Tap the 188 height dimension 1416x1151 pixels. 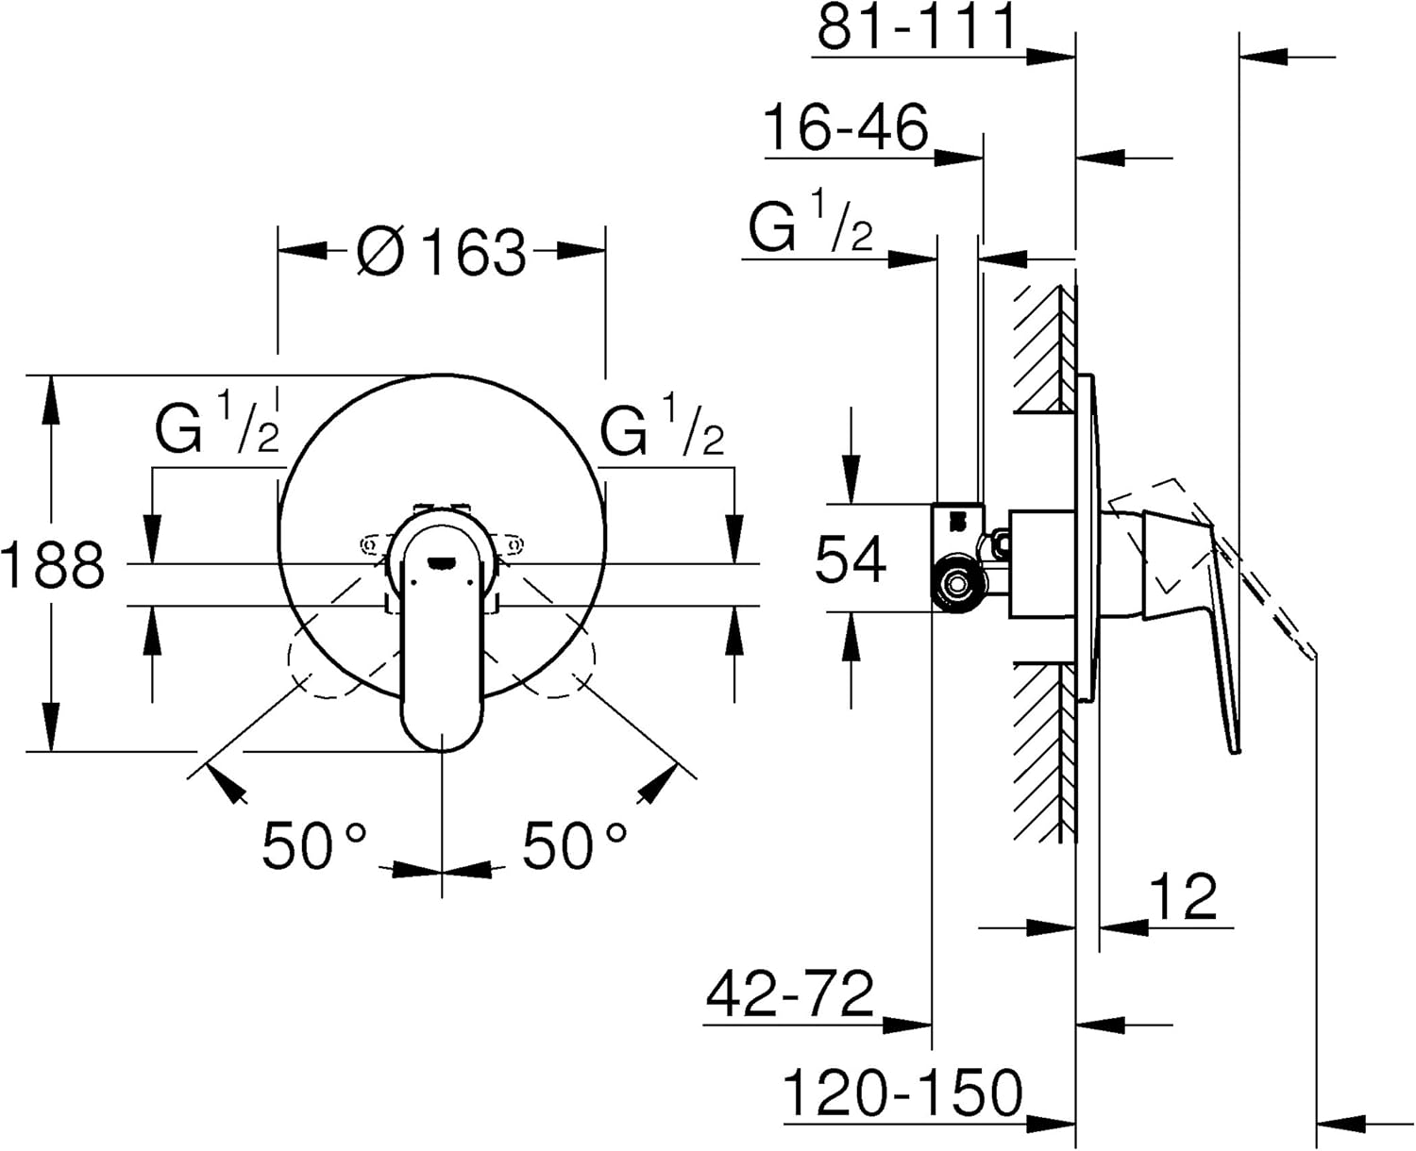(53, 564)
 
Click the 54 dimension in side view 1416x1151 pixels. (851, 559)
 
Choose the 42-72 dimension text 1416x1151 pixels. (790, 994)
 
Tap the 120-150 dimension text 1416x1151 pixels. (902, 1092)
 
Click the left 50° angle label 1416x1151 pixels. (313, 844)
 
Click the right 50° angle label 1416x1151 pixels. (574, 844)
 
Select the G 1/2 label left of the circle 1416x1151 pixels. (217, 423)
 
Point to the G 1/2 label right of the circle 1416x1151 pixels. (662, 423)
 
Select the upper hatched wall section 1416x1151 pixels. (1045, 346)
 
